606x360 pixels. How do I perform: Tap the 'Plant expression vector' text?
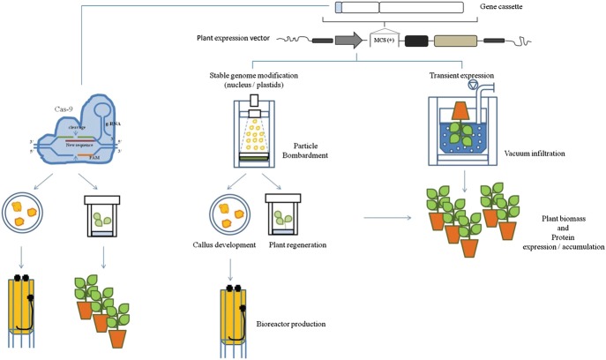tap(234, 39)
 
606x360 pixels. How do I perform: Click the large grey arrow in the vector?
tap(349, 40)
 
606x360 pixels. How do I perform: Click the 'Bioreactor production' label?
tap(291, 325)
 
